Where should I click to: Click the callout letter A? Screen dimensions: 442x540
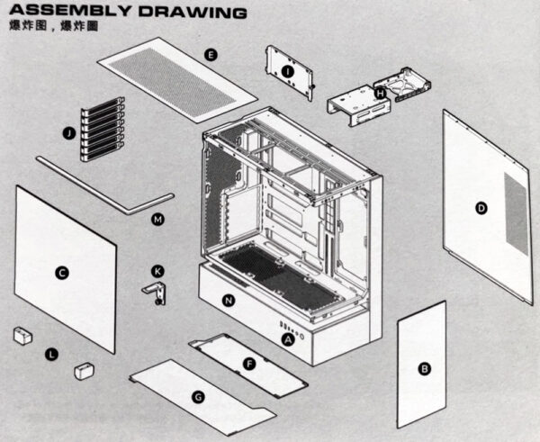click(x=288, y=339)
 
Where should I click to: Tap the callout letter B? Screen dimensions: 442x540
click(x=424, y=368)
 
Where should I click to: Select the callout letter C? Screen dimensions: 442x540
click(x=61, y=273)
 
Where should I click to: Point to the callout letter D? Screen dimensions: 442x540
click(x=481, y=208)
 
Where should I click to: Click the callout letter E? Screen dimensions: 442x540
click(x=210, y=55)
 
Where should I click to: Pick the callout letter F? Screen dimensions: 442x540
click(x=249, y=362)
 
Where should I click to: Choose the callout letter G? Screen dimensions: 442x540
click(x=198, y=396)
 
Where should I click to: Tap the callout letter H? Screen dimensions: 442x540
click(x=380, y=92)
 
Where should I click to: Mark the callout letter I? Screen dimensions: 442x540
click(x=287, y=70)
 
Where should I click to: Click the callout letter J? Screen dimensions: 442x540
click(x=68, y=132)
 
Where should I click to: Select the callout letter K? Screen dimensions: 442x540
click(x=158, y=270)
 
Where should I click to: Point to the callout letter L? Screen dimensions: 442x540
click(x=51, y=356)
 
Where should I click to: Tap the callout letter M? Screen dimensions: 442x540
click(x=157, y=219)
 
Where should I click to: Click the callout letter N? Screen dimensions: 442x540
click(x=228, y=300)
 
